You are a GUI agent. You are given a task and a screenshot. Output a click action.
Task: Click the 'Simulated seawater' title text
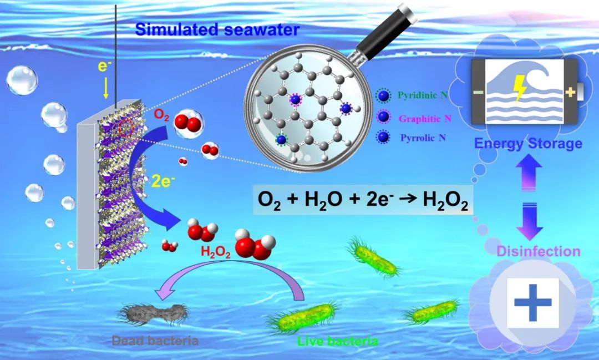coord(217,29)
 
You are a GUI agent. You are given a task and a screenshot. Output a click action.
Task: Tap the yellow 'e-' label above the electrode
coord(103,66)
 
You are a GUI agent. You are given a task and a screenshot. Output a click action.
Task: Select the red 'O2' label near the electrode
coord(161,115)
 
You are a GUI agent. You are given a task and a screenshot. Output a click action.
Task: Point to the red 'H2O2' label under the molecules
coord(215,252)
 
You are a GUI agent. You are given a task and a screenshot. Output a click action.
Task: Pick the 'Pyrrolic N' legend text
coord(423,138)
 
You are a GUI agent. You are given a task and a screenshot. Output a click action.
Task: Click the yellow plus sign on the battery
coord(570,92)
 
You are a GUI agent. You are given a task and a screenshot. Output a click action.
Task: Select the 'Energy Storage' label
coord(528,143)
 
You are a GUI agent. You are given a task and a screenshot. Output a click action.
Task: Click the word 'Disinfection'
coord(538,251)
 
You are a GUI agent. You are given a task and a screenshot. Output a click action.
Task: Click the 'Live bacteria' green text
coord(338,341)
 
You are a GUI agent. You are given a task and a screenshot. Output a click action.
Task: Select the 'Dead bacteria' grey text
coord(155,341)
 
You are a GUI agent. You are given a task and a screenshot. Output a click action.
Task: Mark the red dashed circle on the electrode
coord(125,128)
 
